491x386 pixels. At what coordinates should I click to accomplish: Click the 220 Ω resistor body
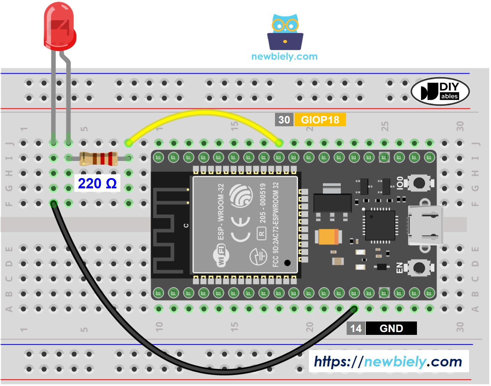tap(98, 159)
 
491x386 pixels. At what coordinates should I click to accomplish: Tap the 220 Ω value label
tap(97, 184)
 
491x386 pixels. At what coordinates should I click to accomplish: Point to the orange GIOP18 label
tap(320, 120)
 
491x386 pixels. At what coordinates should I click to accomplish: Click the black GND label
tap(391, 328)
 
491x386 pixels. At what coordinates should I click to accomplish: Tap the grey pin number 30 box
tap(284, 120)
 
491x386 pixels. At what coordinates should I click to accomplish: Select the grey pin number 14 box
tap(356, 328)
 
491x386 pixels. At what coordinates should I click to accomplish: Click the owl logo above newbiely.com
tap(285, 32)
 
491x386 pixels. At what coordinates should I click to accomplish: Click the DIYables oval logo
tap(440, 91)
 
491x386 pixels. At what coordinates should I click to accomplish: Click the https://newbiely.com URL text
tap(388, 362)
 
